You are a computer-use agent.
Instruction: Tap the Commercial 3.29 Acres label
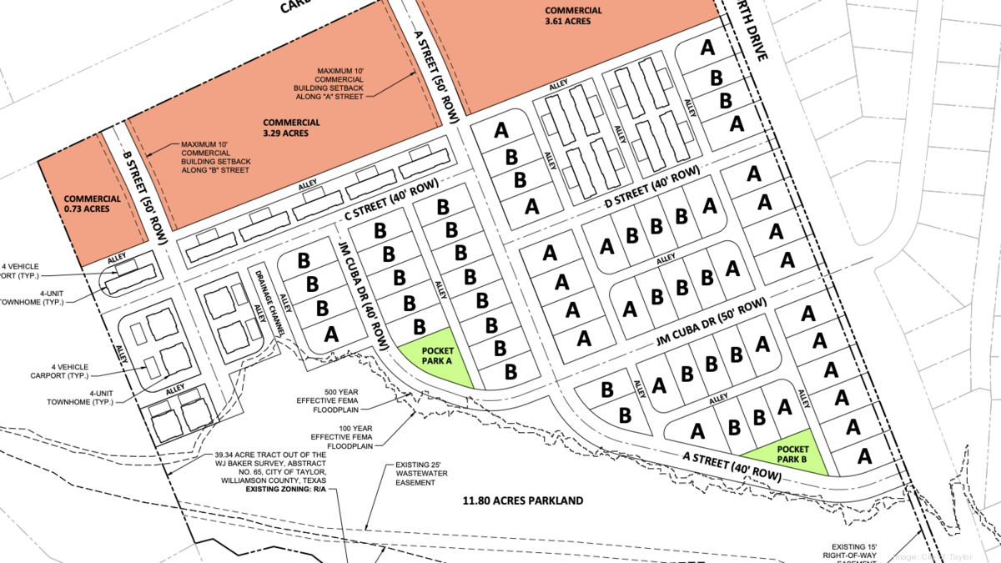291,128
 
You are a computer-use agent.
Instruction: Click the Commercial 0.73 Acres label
92,205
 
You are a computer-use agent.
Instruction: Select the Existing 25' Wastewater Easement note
408,475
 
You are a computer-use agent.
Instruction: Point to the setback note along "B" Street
215,158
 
